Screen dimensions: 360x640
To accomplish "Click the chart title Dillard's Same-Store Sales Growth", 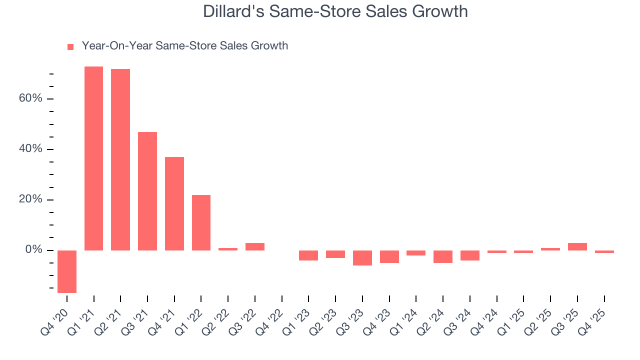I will [335, 11].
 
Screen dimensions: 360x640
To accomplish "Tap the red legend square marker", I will [70, 47].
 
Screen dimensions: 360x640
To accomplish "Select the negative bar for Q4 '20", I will [67, 271].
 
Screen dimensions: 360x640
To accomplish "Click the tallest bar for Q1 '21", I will [93, 158].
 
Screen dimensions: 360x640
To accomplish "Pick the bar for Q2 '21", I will [120, 159].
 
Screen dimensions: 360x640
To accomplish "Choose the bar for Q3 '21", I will [147, 191].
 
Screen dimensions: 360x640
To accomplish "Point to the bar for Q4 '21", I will [174, 203].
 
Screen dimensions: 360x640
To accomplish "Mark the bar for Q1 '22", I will [201, 222].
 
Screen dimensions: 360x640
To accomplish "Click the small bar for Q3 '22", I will [255, 246].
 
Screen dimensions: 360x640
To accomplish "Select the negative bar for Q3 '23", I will [362, 257].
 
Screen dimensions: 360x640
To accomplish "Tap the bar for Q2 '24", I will [443, 256].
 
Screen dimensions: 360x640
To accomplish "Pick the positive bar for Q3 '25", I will [577, 246].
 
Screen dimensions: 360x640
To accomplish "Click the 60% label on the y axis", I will [30, 98].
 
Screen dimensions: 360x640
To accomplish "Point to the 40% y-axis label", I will [30, 149].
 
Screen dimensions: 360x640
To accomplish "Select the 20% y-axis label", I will [30, 199].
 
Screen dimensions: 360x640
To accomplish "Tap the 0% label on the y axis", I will [33, 250].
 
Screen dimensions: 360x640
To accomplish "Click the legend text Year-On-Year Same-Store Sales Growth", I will [185, 46].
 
